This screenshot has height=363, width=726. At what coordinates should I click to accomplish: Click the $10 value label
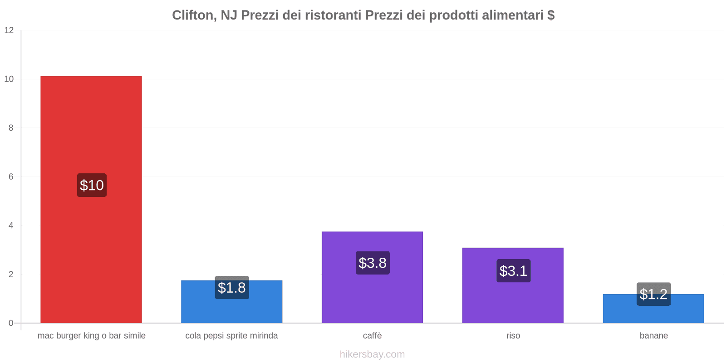coord(92,185)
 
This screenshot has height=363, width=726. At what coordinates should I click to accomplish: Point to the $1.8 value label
coord(232,288)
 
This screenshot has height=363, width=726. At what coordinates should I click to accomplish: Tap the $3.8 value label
coord(373,263)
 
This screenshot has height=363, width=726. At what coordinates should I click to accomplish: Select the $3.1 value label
coord(513,271)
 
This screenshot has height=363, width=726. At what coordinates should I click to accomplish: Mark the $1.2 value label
coord(653,294)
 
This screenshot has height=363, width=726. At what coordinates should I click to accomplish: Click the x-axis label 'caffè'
coord(372,336)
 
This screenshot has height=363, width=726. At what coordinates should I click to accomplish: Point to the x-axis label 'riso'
coord(513,336)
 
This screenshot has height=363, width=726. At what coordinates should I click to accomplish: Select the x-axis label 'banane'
coord(653,336)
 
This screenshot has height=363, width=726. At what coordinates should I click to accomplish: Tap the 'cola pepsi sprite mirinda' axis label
coord(231,336)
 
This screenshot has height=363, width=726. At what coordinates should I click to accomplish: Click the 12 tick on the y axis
coord(9,30)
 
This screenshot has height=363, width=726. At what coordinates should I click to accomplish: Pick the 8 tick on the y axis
coord(11,128)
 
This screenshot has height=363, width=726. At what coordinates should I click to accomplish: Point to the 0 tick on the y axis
coord(11,323)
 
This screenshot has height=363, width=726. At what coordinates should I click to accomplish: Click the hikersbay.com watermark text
coord(372,354)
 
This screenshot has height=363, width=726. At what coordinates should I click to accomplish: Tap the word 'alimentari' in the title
coord(513,15)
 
